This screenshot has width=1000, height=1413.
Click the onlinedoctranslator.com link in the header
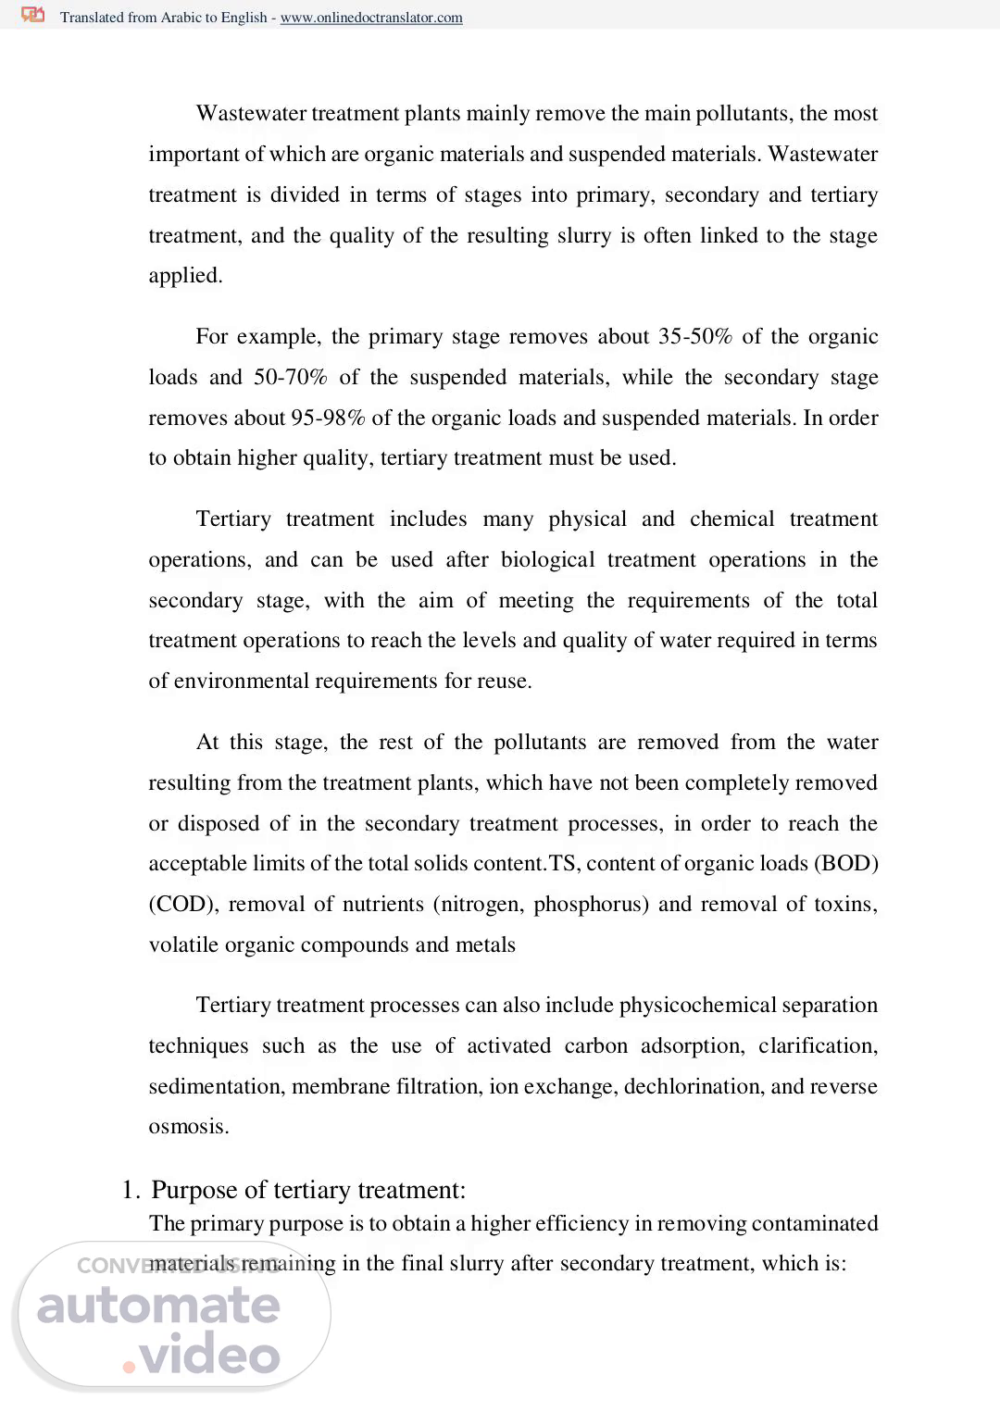tap(371, 18)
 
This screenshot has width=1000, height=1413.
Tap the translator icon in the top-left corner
tap(33, 15)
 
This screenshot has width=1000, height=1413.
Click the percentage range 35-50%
tap(694, 336)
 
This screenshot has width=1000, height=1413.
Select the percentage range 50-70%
tap(290, 377)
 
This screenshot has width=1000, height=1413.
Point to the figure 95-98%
tap(328, 418)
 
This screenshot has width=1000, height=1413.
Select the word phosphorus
tap(589, 904)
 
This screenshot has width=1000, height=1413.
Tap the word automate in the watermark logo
tap(158, 1306)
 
